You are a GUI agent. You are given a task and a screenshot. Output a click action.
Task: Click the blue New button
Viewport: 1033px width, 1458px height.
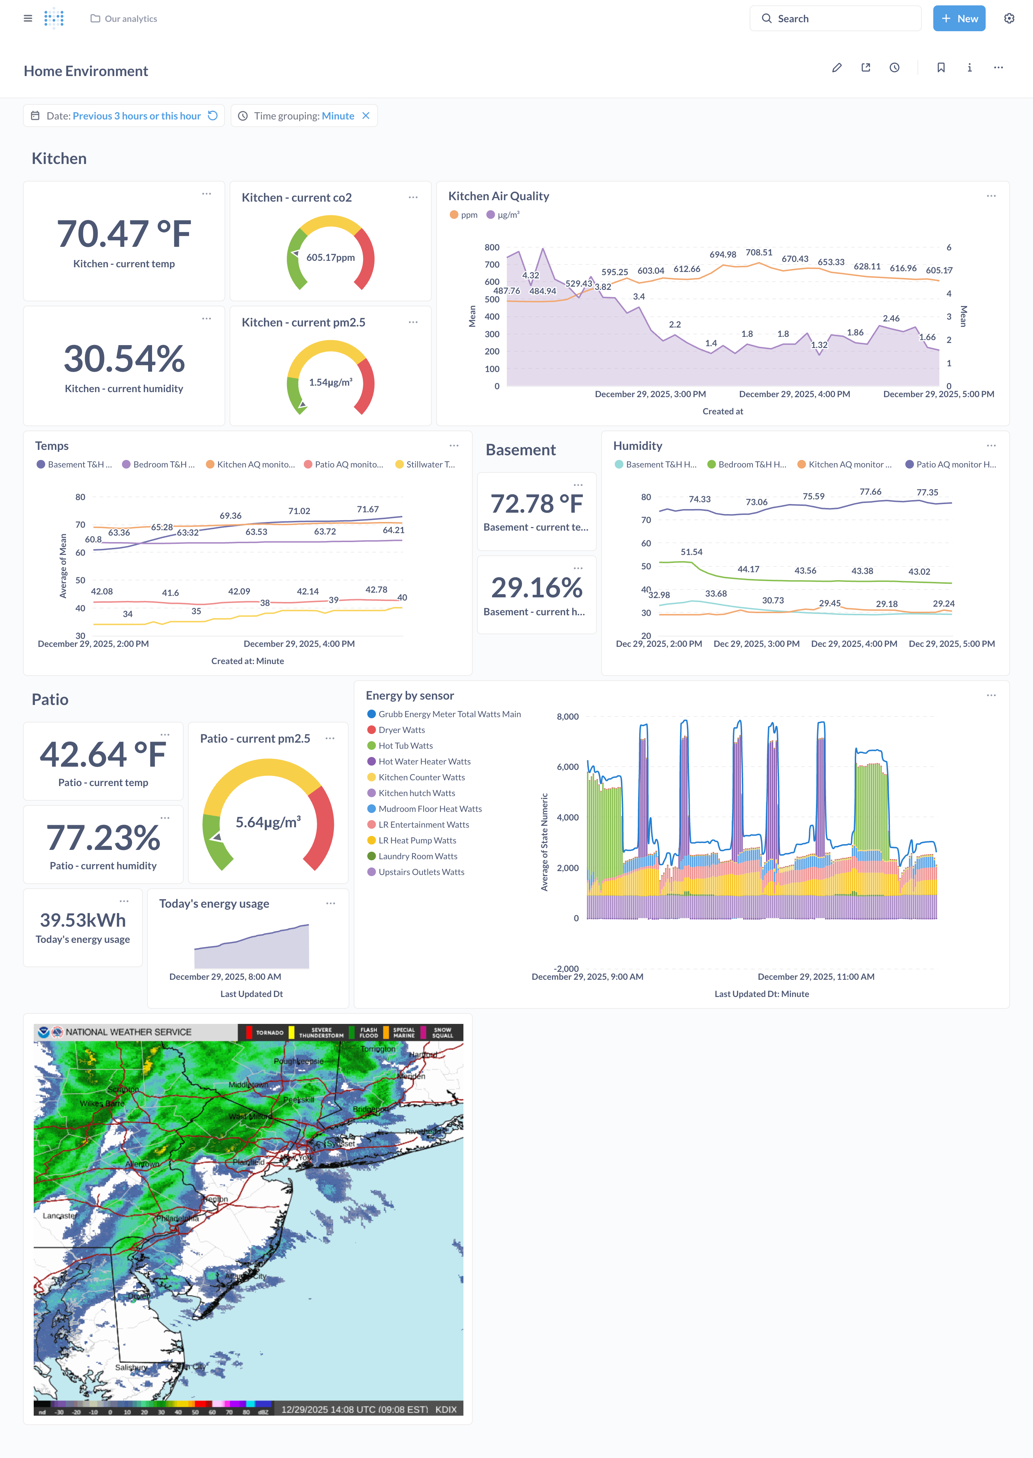pos(959,18)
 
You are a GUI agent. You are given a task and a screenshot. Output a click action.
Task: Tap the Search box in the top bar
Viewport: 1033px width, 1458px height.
pos(835,18)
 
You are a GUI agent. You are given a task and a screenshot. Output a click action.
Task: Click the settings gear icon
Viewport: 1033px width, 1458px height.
pos(1009,18)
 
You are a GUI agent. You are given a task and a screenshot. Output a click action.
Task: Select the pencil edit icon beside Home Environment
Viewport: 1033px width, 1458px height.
pos(836,67)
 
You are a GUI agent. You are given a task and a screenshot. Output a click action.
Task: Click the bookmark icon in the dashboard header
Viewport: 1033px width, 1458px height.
pos(941,67)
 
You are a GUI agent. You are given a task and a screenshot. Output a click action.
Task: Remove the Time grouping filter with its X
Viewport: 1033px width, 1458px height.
pos(366,116)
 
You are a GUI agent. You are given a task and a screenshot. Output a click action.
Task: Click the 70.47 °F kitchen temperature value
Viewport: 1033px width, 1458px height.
pos(124,234)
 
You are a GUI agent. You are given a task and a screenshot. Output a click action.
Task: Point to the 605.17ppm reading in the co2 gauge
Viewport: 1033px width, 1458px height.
pos(330,258)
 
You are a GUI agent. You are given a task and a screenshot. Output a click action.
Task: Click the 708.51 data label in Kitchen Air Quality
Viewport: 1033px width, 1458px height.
pos(759,253)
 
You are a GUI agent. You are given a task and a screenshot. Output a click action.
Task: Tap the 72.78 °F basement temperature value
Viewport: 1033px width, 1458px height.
pos(536,504)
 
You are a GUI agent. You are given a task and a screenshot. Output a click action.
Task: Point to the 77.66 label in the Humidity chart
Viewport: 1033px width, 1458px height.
pos(870,492)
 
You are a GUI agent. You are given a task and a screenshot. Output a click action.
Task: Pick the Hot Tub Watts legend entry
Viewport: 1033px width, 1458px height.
pos(405,746)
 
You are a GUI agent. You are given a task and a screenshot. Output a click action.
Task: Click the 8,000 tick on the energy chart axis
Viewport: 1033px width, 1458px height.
pos(567,717)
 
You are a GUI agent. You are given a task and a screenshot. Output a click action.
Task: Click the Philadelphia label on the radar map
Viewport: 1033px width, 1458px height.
pos(179,1219)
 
